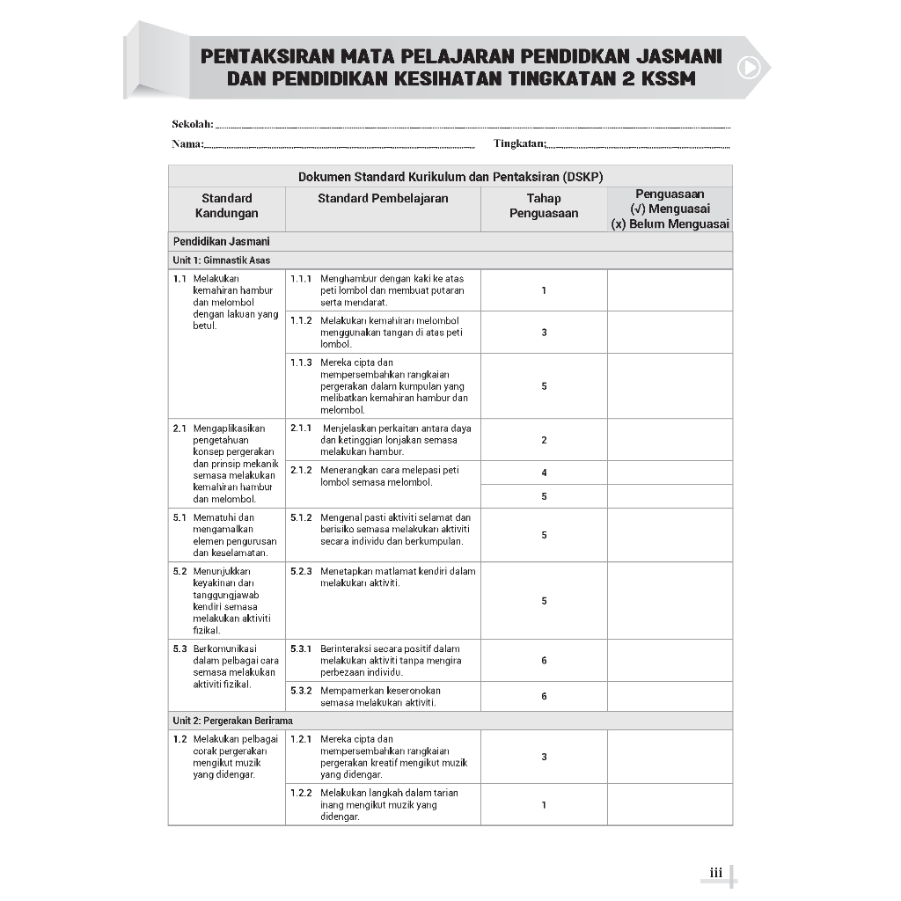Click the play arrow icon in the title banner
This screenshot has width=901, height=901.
click(x=749, y=67)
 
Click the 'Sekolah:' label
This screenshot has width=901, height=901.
click(x=193, y=124)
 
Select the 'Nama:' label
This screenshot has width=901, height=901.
click(x=187, y=143)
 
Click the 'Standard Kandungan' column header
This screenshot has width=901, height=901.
click(x=226, y=206)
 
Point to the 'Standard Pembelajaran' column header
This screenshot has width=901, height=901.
click(x=383, y=199)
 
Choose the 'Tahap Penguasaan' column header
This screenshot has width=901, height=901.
click(x=544, y=206)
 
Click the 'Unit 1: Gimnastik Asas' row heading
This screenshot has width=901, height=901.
click(x=222, y=260)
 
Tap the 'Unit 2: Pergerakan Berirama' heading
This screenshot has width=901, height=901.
click(x=233, y=721)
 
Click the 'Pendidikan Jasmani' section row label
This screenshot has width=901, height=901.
click(x=222, y=241)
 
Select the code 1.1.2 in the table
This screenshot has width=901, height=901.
click(x=301, y=320)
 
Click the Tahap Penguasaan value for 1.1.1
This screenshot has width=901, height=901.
click(x=544, y=290)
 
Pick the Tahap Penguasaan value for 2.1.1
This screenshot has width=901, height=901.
click(x=544, y=440)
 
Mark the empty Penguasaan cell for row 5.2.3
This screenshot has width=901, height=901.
click(x=670, y=601)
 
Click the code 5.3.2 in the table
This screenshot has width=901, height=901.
click(x=301, y=691)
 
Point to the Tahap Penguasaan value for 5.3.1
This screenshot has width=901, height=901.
click(x=544, y=661)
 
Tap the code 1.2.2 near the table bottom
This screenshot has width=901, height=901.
click(x=301, y=793)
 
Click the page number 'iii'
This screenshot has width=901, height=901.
click(x=715, y=873)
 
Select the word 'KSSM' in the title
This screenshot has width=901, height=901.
click(x=667, y=78)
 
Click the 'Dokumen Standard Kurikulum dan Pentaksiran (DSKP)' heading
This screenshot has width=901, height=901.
click(x=450, y=177)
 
